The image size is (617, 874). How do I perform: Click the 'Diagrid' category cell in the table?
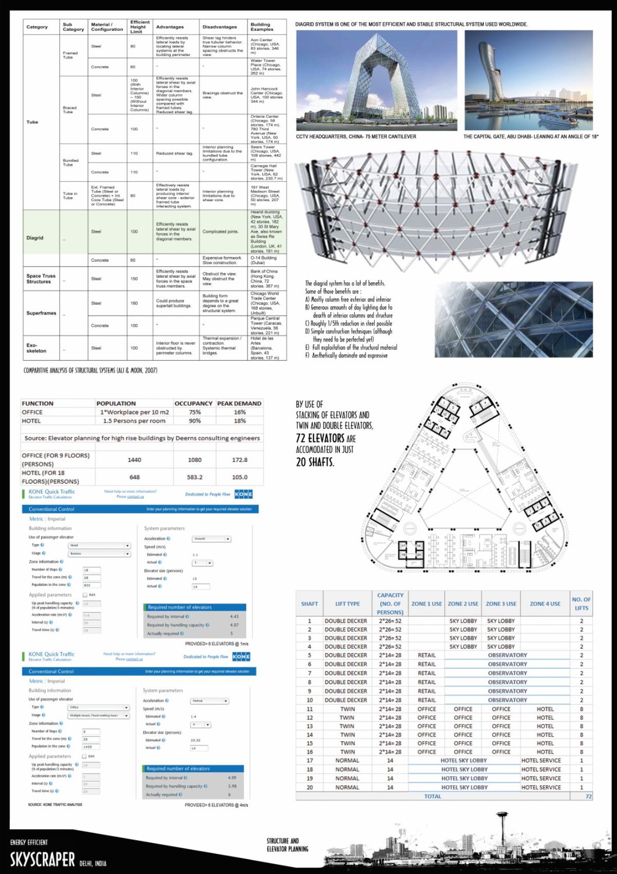click(35, 238)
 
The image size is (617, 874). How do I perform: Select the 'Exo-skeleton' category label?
click(37, 348)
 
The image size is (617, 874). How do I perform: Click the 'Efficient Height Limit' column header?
click(139, 27)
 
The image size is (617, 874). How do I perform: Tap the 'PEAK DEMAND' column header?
click(239, 403)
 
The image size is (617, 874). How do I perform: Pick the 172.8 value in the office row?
click(240, 460)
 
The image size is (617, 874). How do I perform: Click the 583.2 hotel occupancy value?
click(194, 477)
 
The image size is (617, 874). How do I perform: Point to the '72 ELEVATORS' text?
click(320, 438)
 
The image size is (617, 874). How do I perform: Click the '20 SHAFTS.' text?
click(315, 462)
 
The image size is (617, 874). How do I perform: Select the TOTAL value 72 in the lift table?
click(588, 796)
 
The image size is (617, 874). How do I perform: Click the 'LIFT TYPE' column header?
click(347, 603)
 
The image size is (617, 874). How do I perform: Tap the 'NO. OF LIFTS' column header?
click(581, 603)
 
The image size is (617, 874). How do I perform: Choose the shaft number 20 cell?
click(310, 787)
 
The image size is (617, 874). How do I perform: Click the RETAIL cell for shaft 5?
click(426, 655)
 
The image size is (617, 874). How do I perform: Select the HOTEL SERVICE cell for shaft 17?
click(541, 760)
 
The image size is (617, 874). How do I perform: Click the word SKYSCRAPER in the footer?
click(42, 859)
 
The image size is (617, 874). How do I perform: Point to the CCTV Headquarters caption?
click(356, 137)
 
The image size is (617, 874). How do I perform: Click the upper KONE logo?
click(243, 494)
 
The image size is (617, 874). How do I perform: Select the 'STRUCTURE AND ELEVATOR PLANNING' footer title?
click(287, 845)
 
